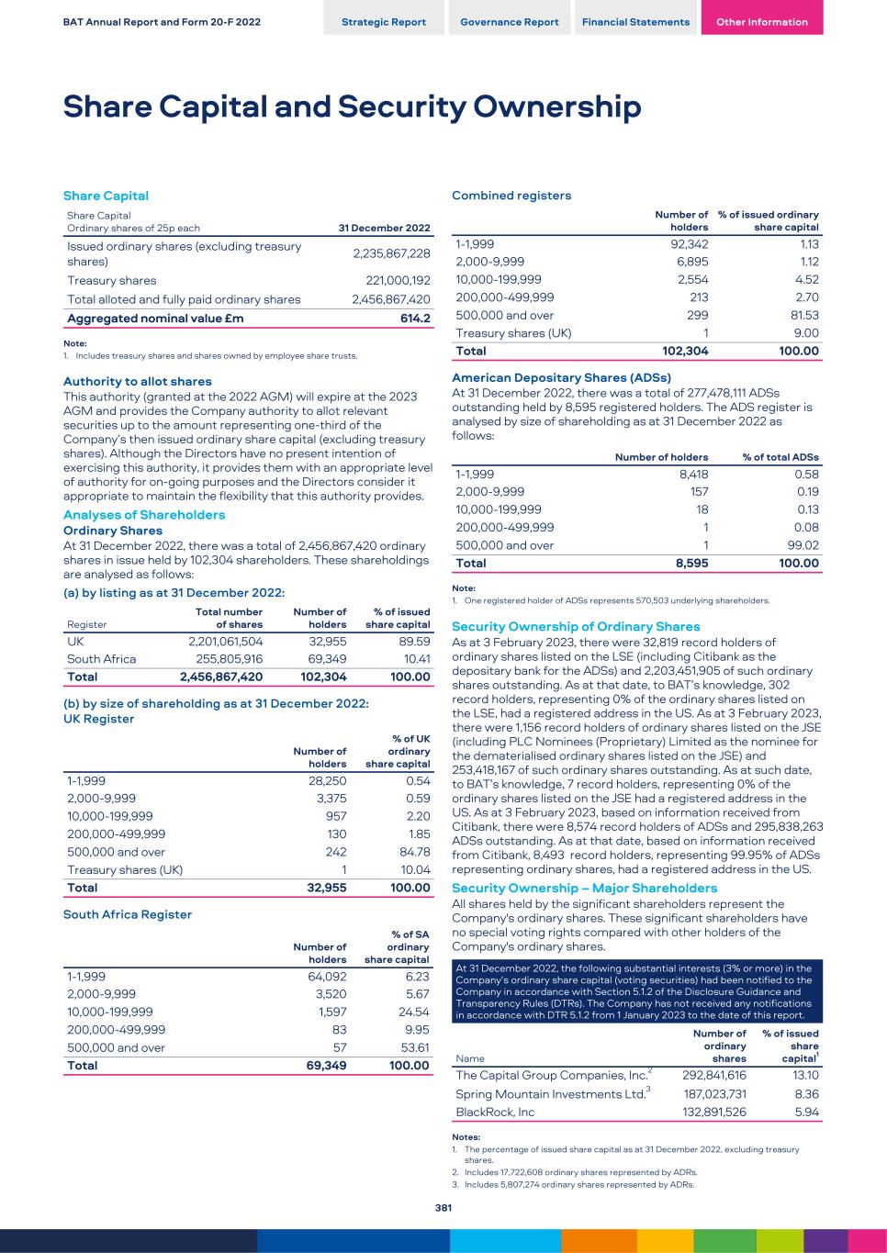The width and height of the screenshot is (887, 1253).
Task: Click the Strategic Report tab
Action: [383, 22]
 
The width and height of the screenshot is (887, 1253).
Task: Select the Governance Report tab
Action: [509, 22]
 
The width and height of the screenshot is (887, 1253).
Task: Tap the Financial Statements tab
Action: [635, 22]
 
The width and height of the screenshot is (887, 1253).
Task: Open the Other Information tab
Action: [761, 22]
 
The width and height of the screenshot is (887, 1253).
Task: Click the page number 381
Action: [443, 1208]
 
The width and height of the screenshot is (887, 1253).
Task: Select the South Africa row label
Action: [101, 659]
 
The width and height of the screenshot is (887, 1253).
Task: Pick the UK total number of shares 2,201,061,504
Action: [226, 642]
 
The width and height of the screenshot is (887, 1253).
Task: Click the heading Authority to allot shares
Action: [137, 381]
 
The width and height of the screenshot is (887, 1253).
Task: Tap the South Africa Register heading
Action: [127, 914]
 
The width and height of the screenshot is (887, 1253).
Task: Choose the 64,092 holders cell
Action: [327, 978]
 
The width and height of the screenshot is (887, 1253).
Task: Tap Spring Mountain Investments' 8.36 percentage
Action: [805, 1094]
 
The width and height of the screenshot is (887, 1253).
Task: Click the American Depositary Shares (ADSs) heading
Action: [561, 377]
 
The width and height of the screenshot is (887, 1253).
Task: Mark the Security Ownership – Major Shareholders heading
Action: [584, 888]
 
